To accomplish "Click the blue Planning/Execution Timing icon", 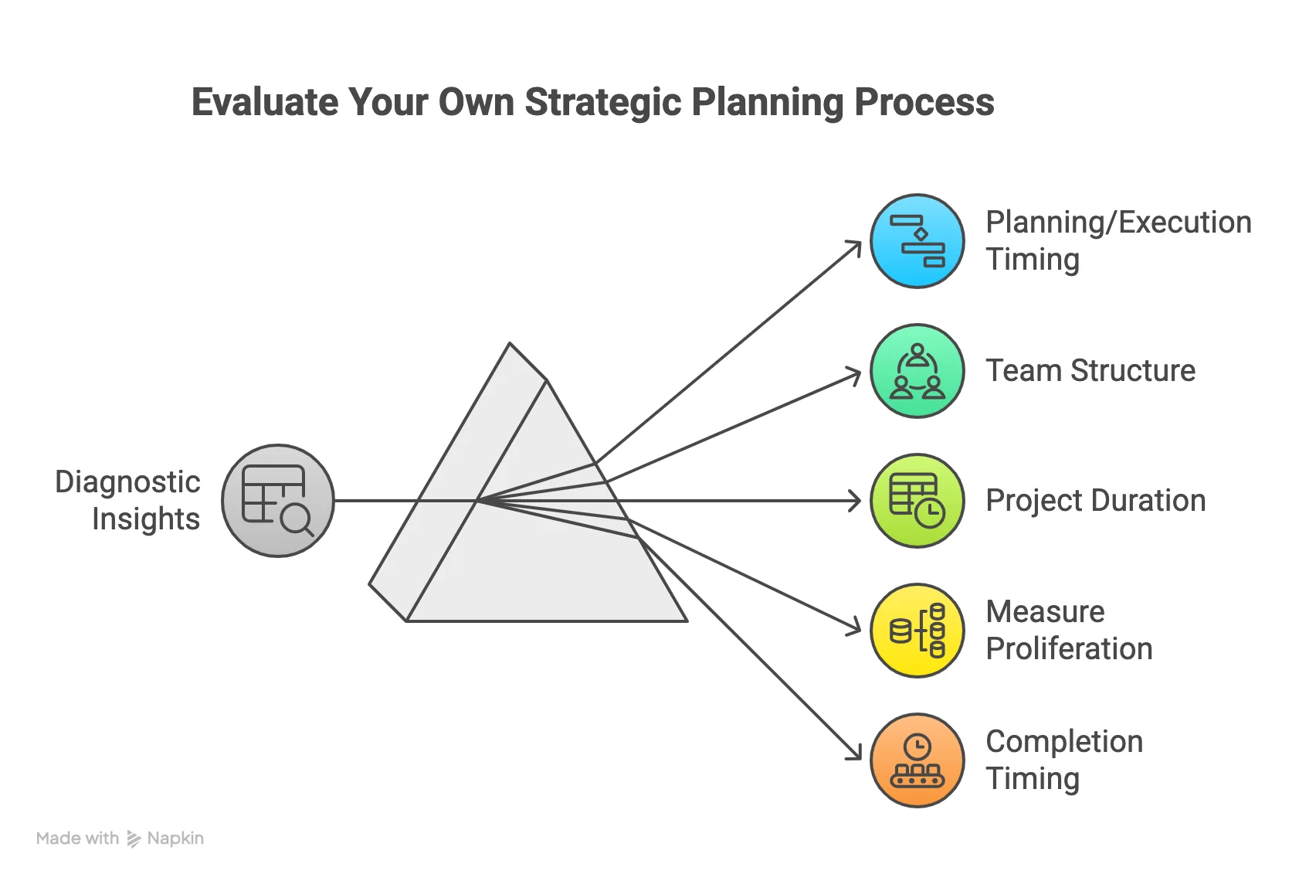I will click(917, 241).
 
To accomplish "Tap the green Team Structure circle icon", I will click(917, 371).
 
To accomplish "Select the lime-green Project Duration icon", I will click(917, 501).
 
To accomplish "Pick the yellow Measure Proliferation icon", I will click(917, 631).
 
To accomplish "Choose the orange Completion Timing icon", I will click(917, 760).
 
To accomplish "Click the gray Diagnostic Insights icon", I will click(278, 501).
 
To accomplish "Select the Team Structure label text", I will click(1090, 371).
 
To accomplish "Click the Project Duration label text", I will click(1095, 501).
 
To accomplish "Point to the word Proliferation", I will click(1069, 649).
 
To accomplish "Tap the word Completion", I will click(1064, 742).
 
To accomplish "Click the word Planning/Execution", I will click(1118, 223).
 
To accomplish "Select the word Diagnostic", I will click(127, 482).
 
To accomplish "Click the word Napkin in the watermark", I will click(175, 838).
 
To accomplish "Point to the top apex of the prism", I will click(510, 344).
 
